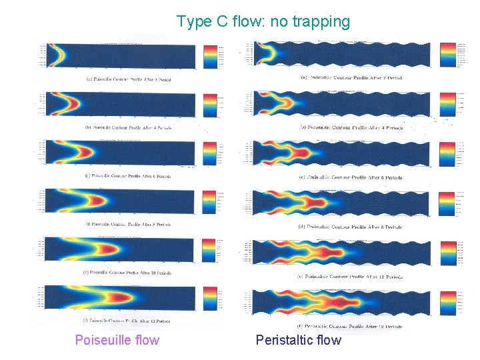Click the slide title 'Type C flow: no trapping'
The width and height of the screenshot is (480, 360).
(x=263, y=22)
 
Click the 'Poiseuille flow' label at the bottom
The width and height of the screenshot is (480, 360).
(x=117, y=341)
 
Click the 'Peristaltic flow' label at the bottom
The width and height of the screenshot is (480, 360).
(x=298, y=341)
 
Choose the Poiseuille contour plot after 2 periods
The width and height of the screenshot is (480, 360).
(x=120, y=55)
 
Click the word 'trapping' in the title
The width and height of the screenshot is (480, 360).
(x=321, y=22)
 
